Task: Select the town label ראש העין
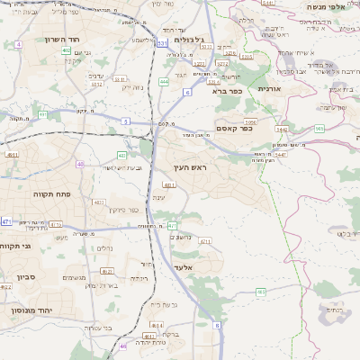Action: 192,167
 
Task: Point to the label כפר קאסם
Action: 234,128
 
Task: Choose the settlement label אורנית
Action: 270,89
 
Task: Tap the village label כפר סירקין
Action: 125,210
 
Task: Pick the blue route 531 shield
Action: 161,42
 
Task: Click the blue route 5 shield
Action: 126,121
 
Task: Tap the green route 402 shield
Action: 67,50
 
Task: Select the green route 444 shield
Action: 164,82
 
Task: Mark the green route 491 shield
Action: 172,225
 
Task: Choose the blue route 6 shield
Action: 187,92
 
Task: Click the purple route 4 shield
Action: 19,43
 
